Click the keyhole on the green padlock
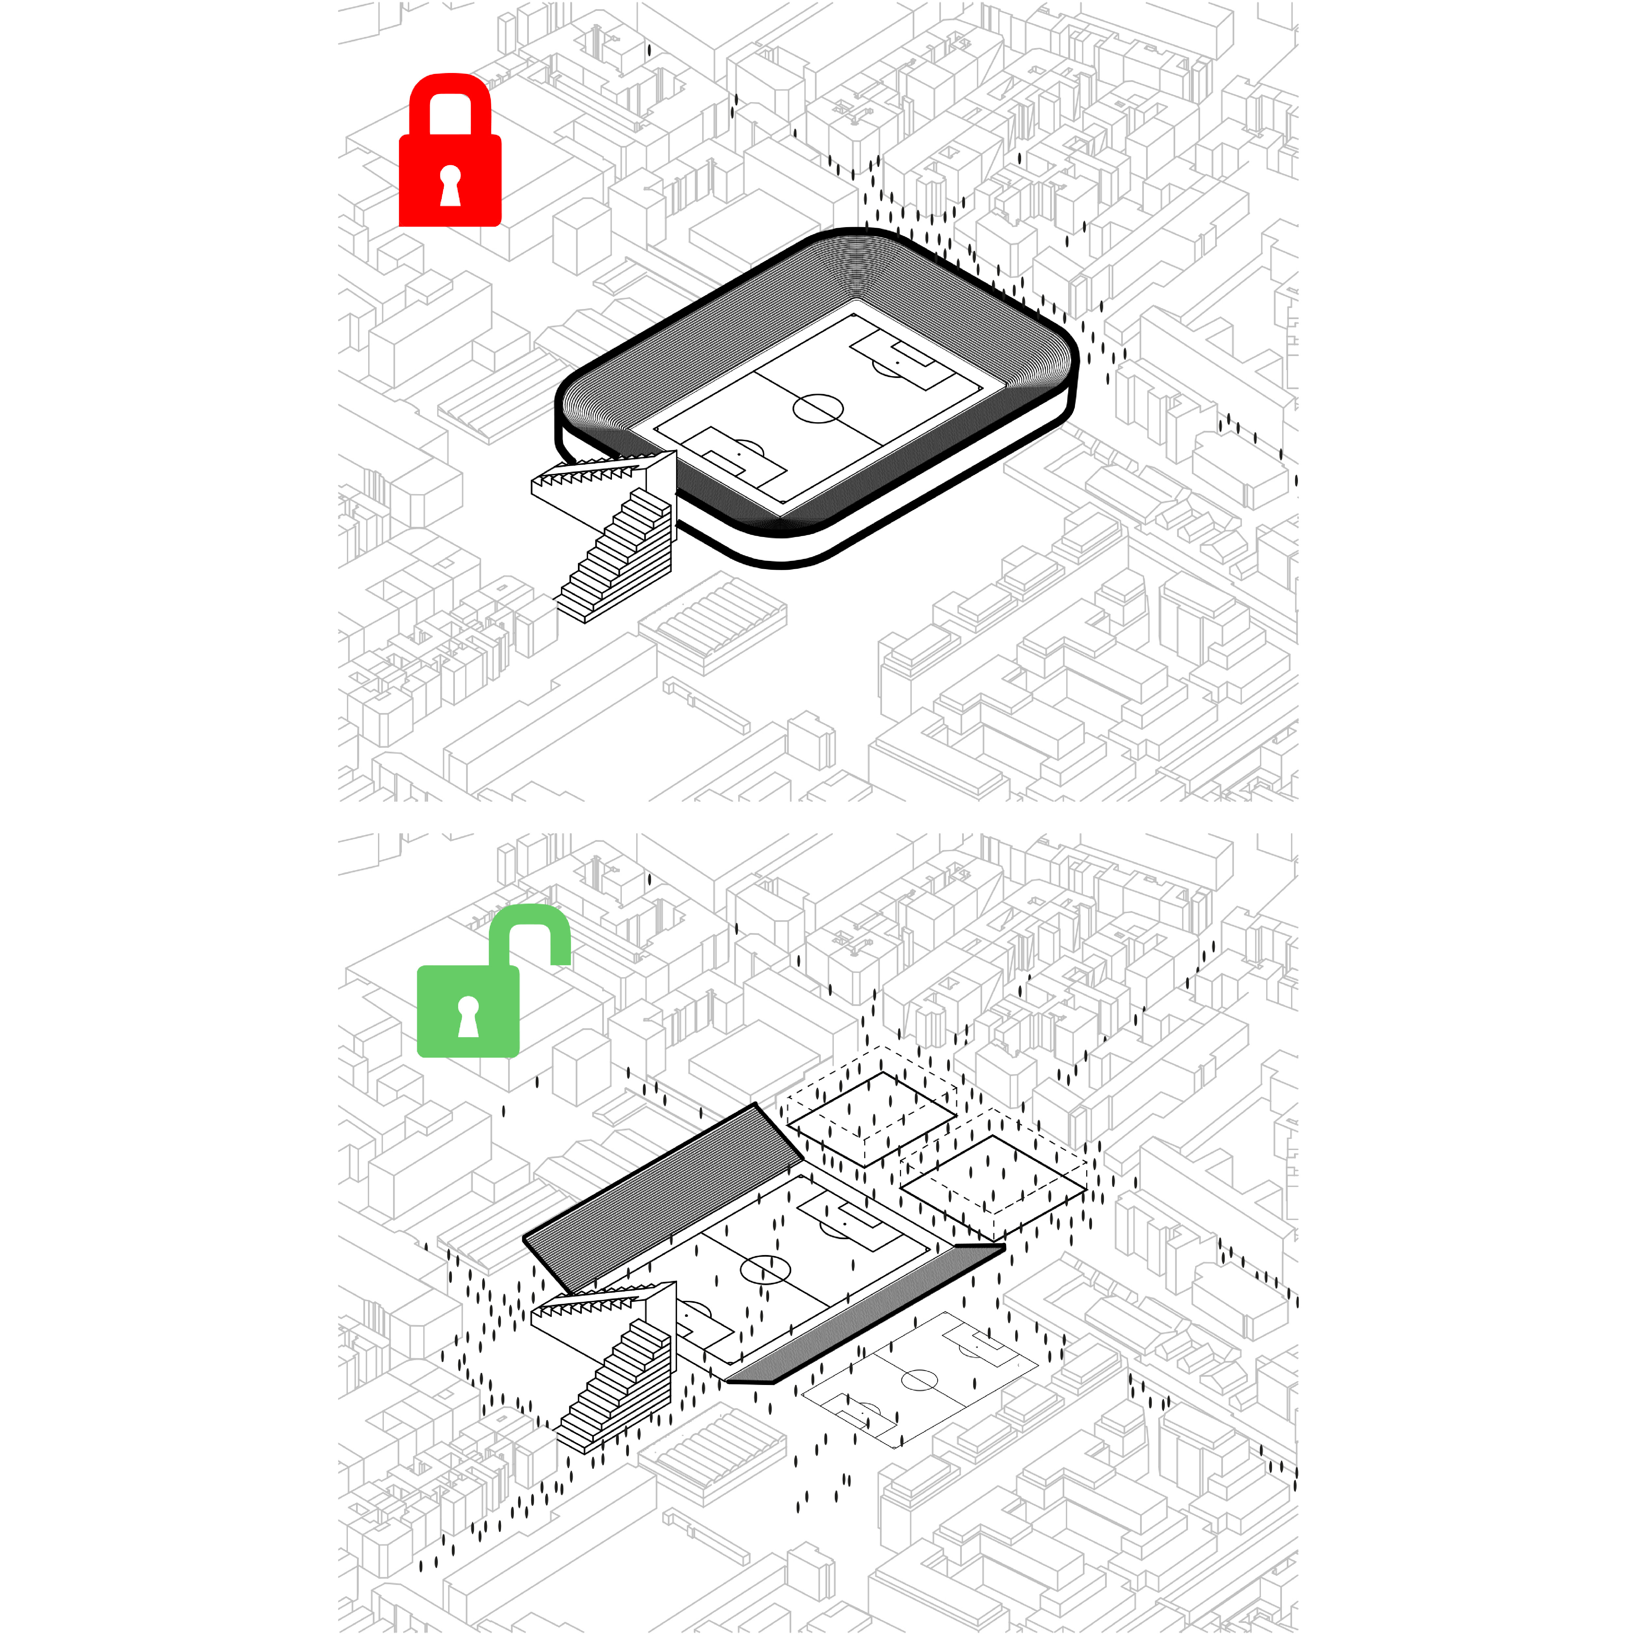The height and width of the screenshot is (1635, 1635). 468,1015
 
